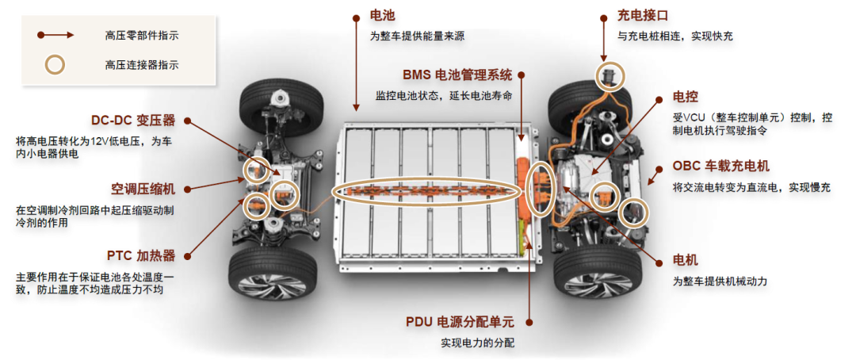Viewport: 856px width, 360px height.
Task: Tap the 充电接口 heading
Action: (x=643, y=15)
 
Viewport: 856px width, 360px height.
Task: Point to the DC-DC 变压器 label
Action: (x=132, y=121)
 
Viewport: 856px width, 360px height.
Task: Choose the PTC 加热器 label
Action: (x=141, y=255)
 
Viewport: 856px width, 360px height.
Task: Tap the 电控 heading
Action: (x=685, y=97)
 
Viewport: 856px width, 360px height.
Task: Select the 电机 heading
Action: (x=685, y=260)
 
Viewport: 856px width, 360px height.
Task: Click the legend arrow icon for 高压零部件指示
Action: (x=57, y=35)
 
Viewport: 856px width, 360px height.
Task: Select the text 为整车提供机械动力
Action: (x=720, y=281)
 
